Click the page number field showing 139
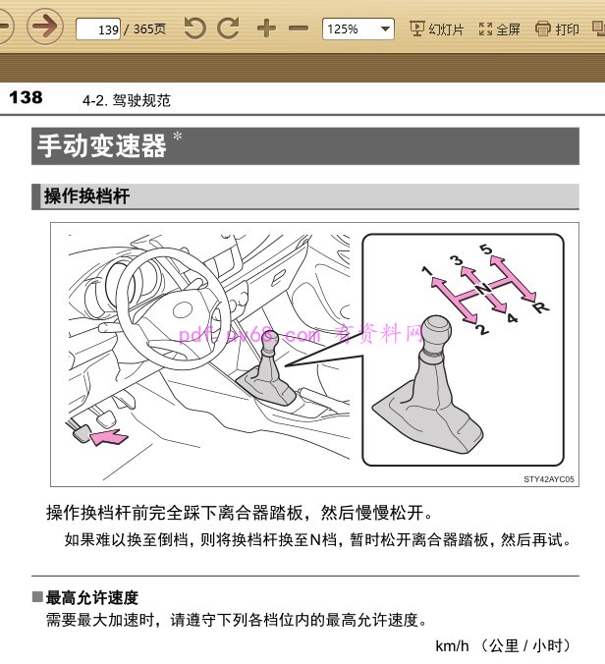(98, 29)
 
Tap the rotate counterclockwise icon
(194, 28)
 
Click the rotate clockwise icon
(228, 28)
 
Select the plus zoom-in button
(266, 28)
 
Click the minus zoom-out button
(299, 28)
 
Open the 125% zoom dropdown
(358, 28)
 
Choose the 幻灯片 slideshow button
(436, 29)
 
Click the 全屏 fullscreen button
(499, 29)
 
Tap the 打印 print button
(557, 29)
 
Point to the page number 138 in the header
(26, 98)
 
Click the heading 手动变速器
(101, 146)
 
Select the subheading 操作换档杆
(86, 196)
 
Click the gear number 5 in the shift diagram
(486, 249)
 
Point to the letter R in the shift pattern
(541, 307)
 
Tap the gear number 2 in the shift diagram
(482, 329)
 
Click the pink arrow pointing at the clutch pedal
(109, 437)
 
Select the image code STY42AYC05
(549, 479)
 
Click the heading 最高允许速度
(92, 598)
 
